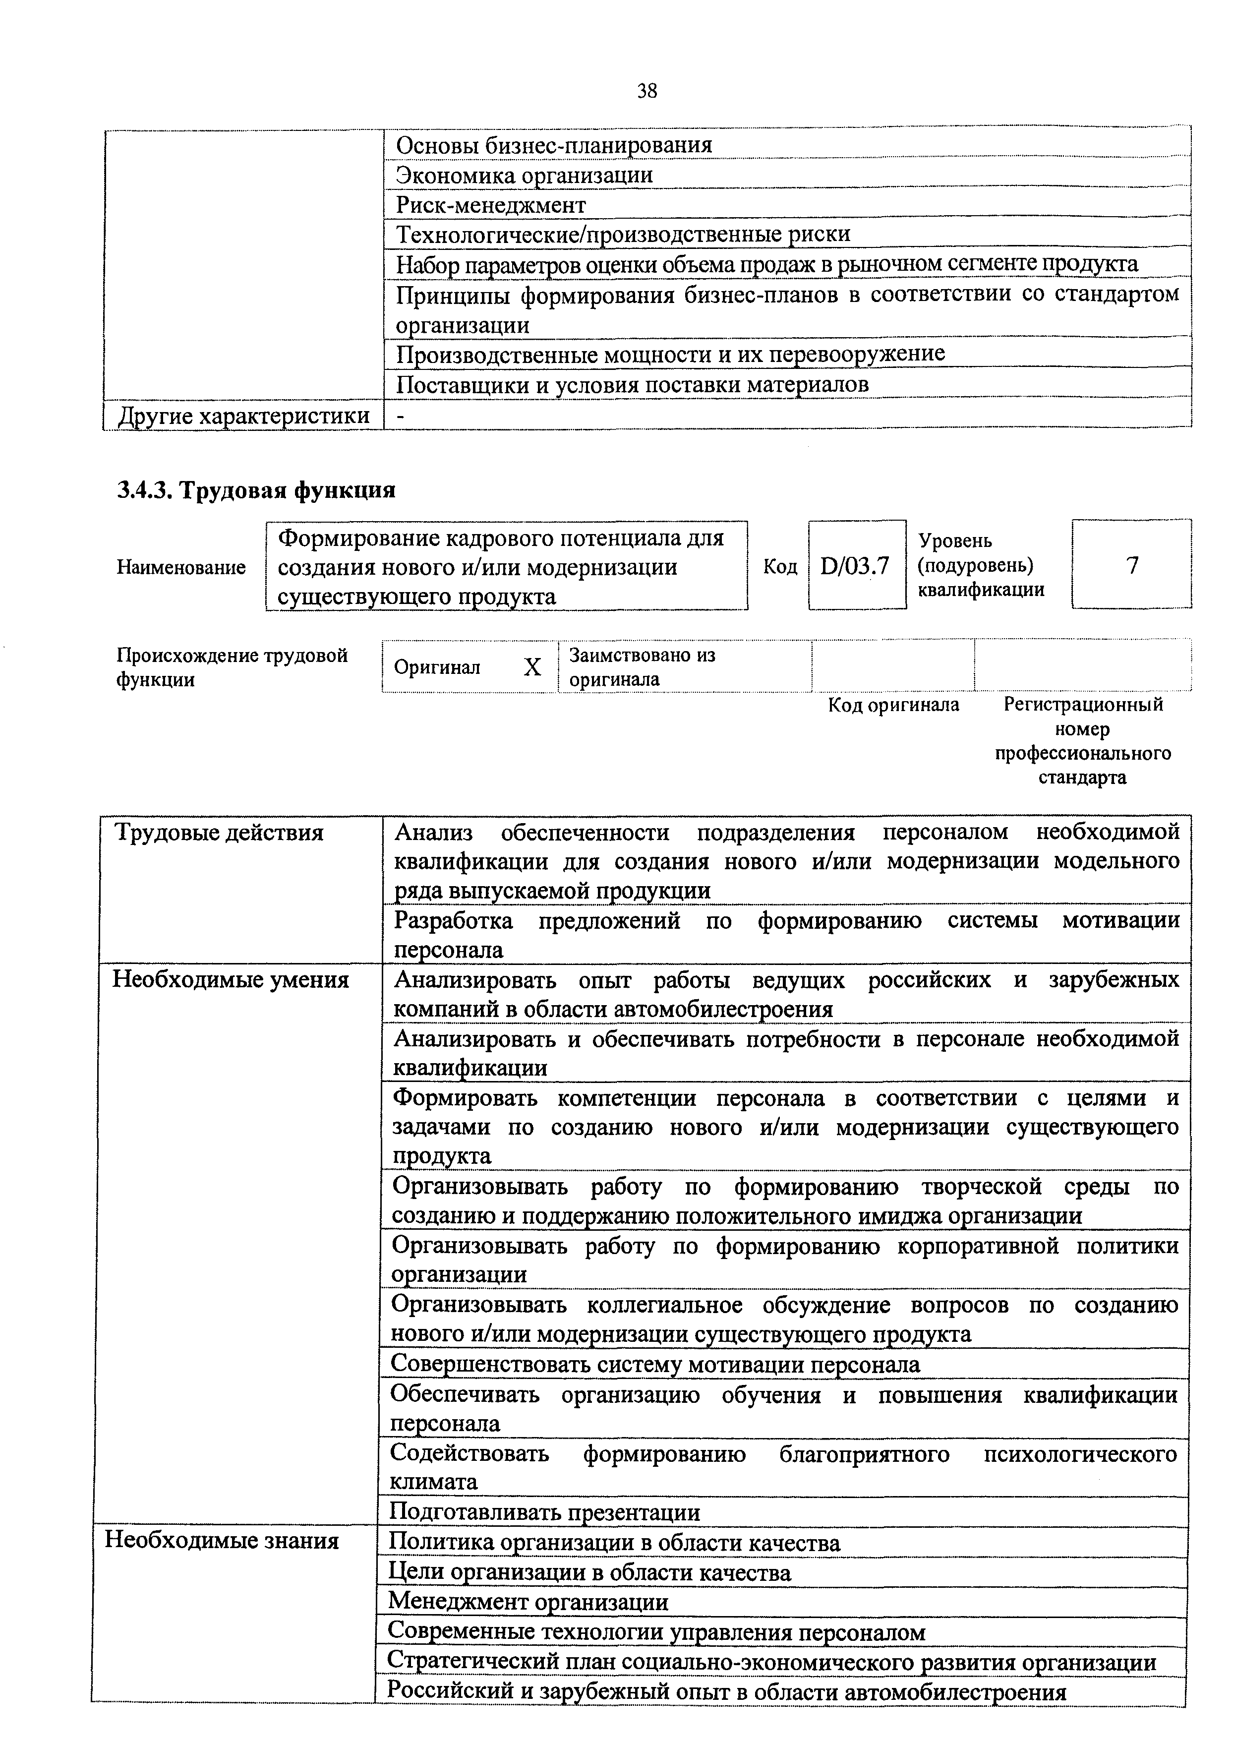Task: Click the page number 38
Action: point(647,91)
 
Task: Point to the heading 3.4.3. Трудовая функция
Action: point(256,490)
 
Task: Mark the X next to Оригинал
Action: point(532,667)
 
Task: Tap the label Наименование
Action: point(180,567)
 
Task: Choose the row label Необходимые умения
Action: point(231,979)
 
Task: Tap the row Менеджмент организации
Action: point(528,1602)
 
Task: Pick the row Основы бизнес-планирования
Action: point(554,145)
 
